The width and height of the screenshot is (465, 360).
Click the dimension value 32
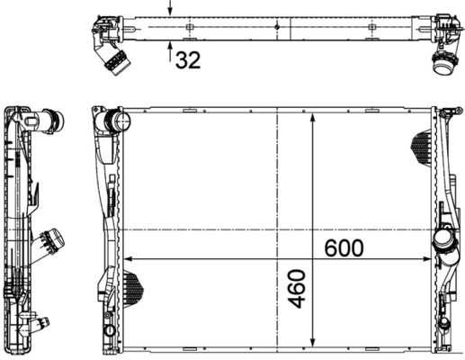coord(187,60)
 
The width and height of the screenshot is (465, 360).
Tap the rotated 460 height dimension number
coord(298,289)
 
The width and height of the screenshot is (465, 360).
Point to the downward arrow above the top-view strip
coord(171,9)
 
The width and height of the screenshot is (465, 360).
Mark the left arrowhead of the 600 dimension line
coord(123,259)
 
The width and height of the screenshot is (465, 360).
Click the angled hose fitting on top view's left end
coord(112,59)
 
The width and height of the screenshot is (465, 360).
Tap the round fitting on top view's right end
coord(443,63)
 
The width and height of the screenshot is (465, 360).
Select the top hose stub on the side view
coord(54,120)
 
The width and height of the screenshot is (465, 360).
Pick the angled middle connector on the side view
coord(53,241)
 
